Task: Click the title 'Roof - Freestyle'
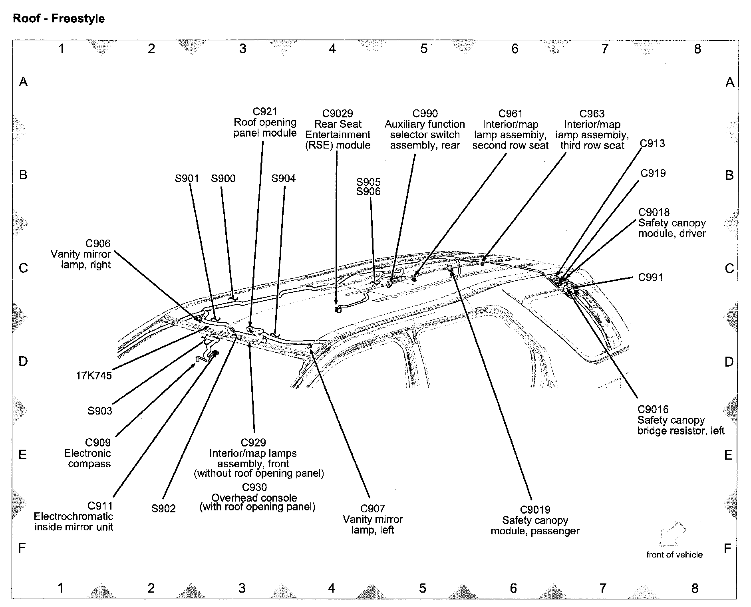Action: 59,19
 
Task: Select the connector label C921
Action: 265,111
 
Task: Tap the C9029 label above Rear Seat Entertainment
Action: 338,113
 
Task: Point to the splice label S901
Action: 187,178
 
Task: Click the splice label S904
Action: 283,178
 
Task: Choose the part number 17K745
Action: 94,376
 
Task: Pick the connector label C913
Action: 652,143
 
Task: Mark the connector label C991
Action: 650,277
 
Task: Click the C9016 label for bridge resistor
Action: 653,409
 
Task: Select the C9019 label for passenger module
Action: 535,510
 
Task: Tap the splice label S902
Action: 163,508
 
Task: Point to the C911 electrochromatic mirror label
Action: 100,506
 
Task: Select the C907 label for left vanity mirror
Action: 372,508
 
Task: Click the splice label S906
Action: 368,192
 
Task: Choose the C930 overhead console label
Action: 254,487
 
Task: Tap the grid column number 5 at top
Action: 424,49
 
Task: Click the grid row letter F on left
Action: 22,547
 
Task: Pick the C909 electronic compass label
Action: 98,442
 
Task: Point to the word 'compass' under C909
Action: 89,464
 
